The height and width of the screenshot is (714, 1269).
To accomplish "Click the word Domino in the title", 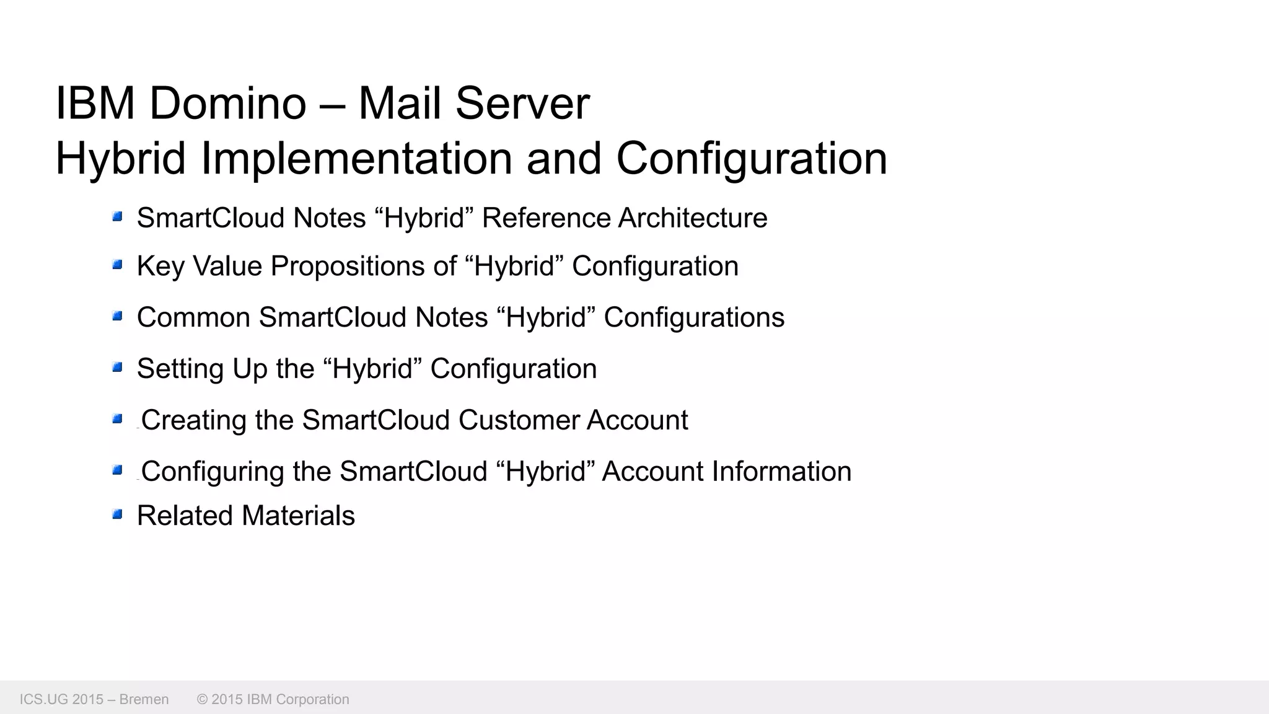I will click(x=227, y=103).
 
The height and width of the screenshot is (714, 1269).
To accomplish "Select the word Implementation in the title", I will click(x=356, y=159).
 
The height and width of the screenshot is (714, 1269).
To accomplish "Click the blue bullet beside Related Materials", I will click(x=117, y=514).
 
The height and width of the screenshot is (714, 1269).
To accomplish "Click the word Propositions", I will click(x=348, y=267).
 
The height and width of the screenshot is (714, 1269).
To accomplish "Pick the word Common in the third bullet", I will click(x=193, y=317).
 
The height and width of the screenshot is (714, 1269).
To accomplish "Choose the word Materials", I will click(x=298, y=516).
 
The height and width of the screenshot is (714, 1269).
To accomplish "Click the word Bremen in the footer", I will click(x=144, y=699).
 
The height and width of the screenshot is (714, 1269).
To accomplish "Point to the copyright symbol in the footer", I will click(x=202, y=699).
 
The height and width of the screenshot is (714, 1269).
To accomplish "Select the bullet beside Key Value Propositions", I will click(x=117, y=265).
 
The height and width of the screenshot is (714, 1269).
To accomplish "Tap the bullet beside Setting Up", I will click(x=117, y=368).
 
